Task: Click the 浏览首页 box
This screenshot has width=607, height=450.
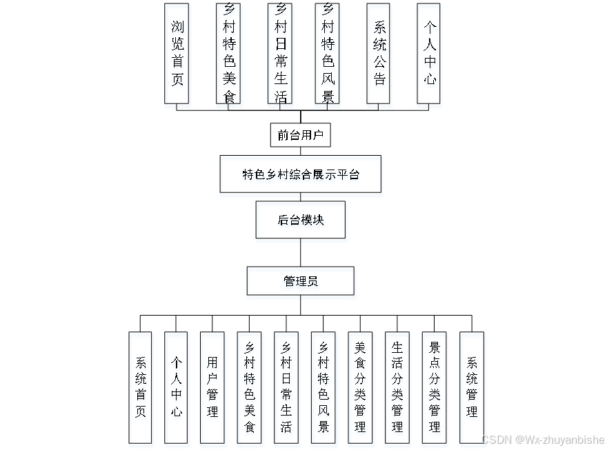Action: click(177, 53)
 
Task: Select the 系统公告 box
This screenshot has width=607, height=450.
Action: click(379, 53)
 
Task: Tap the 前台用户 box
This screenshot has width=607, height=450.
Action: click(300, 135)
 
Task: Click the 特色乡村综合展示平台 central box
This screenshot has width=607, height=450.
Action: click(300, 174)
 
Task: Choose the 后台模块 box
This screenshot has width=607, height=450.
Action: click(300, 220)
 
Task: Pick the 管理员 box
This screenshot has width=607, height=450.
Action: click(300, 280)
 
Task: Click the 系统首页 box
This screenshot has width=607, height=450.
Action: click(140, 387)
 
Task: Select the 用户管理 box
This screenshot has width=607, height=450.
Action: click(212, 387)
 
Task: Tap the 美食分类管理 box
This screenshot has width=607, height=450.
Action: click(360, 387)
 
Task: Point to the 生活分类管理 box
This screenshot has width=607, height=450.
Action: click(397, 387)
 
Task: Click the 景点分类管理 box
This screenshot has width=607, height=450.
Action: click(435, 387)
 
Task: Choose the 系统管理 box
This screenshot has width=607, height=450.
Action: click(472, 387)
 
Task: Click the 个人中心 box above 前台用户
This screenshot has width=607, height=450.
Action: click(429, 53)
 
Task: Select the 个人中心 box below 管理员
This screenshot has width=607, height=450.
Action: click(176, 387)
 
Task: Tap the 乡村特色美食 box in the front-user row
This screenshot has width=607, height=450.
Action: click(228, 53)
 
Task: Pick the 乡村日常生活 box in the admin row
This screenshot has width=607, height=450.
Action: click(286, 387)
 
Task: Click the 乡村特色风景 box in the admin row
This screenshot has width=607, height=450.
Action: click(324, 387)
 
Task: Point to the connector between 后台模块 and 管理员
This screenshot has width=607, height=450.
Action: click(300, 252)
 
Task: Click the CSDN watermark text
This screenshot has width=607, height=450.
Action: click(543, 440)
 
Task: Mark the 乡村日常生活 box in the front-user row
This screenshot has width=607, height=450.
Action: click(280, 53)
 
